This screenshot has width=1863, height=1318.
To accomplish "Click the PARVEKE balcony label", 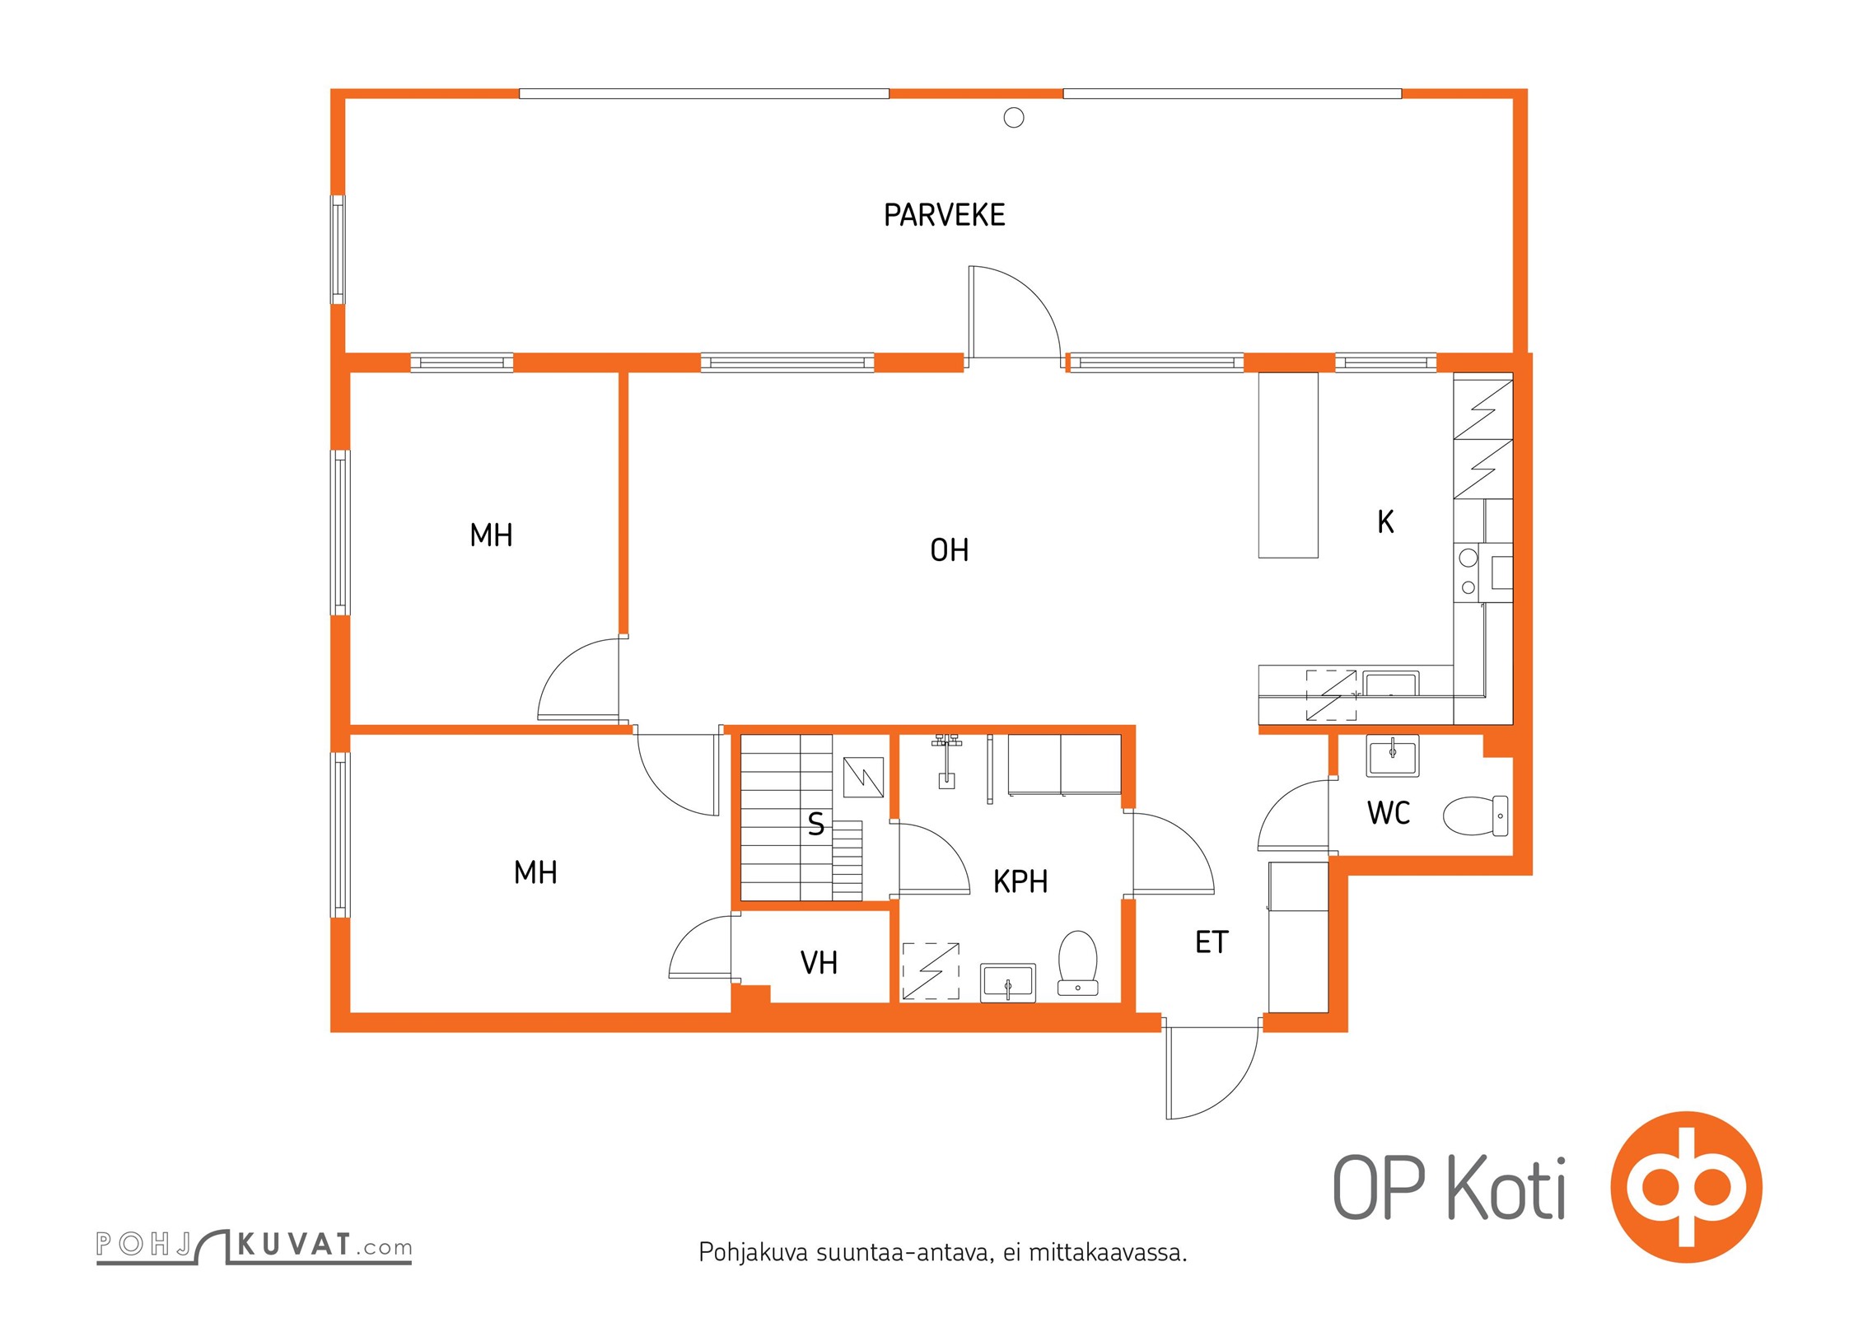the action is pyautogui.click(x=944, y=215).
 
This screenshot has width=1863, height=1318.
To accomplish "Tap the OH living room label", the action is pyautogui.click(x=949, y=550).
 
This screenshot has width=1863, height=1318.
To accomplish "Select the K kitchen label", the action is pyautogui.click(x=1385, y=521).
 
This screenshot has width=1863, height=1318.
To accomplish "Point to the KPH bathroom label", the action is pyautogui.click(x=1020, y=881).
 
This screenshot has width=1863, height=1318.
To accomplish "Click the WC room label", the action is pyautogui.click(x=1389, y=813).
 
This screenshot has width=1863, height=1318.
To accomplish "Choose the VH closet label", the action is pyautogui.click(x=819, y=962).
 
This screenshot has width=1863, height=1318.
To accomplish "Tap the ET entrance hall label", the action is pyautogui.click(x=1212, y=942).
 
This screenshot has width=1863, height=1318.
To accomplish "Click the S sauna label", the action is pyautogui.click(x=815, y=824).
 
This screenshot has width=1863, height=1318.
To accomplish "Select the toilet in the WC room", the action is pyautogui.click(x=1476, y=815).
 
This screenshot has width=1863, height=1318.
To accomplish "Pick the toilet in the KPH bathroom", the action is pyautogui.click(x=1077, y=962).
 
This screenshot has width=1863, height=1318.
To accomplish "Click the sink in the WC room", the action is pyautogui.click(x=1393, y=755).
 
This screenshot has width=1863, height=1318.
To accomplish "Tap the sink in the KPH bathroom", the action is pyautogui.click(x=1008, y=983).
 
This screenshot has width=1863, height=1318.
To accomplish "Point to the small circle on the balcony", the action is pyautogui.click(x=1014, y=119).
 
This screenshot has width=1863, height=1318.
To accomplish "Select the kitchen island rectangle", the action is pyautogui.click(x=1288, y=465).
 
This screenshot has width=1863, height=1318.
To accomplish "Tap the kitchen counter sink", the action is pyautogui.click(x=1390, y=684).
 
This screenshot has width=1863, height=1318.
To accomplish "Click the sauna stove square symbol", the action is pyautogui.click(x=864, y=778).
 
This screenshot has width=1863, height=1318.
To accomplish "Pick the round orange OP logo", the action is pyautogui.click(x=1687, y=1187).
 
